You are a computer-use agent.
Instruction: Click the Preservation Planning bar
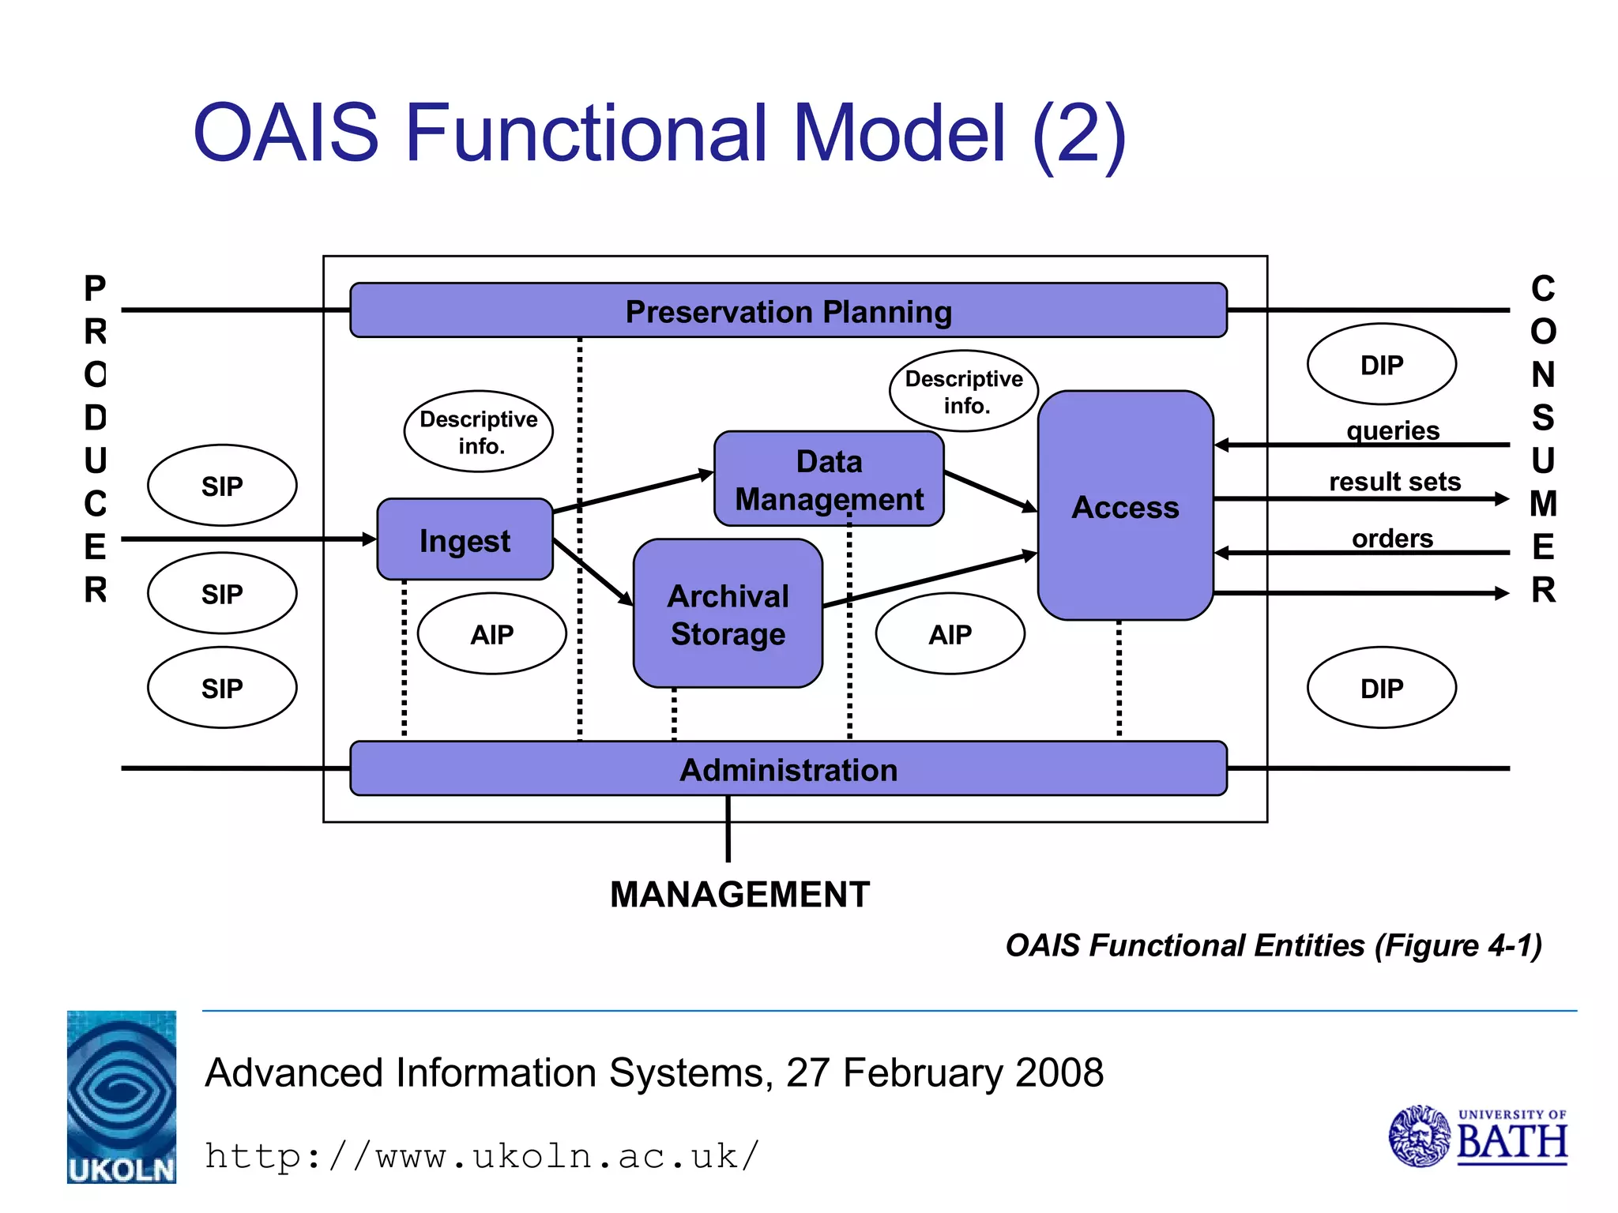pyautogui.click(x=788, y=311)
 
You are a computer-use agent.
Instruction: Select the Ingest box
pyautogui.click(x=465, y=541)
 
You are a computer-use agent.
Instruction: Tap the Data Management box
pyautogui.click(x=829, y=479)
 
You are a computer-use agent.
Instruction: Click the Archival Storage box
pyautogui.click(x=728, y=614)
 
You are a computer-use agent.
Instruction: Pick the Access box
pyautogui.click(x=1125, y=506)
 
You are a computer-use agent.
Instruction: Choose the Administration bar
pyautogui.click(x=788, y=769)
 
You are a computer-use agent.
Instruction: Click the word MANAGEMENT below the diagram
pyautogui.click(x=739, y=895)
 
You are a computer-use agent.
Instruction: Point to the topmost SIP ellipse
pyautogui.click(x=222, y=486)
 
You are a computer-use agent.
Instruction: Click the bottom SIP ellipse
pyautogui.click(x=222, y=688)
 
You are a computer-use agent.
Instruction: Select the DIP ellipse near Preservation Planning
pyautogui.click(x=1381, y=365)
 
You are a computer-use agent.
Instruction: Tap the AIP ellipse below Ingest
pyautogui.click(x=491, y=634)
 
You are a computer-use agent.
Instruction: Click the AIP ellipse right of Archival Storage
pyautogui.click(x=950, y=634)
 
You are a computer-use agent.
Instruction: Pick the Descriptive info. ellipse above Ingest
pyautogui.click(x=478, y=432)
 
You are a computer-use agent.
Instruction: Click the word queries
pyautogui.click(x=1393, y=430)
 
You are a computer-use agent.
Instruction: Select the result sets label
pyautogui.click(x=1394, y=481)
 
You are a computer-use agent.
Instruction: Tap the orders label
pyautogui.click(x=1392, y=538)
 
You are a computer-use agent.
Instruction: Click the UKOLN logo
pyautogui.click(x=122, y=1097)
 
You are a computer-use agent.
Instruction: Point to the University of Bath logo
pyautogui.click(x=1478, y=1136)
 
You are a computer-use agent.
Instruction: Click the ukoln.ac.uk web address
pyautogui.click(x=482, y=1156)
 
